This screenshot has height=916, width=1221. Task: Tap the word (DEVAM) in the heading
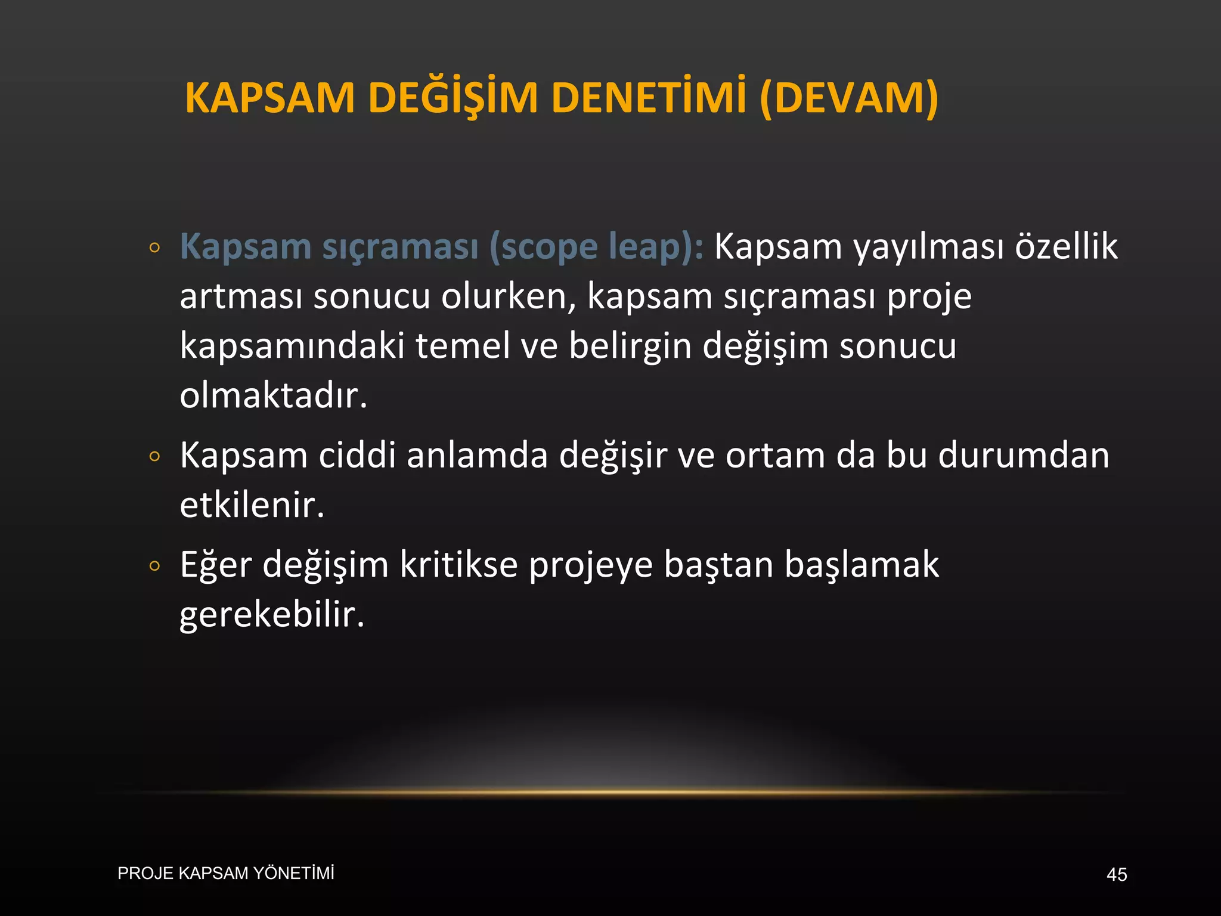coord(849,98)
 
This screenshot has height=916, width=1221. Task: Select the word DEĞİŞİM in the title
coord(453,98)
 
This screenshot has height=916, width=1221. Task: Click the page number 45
coord(1116,874)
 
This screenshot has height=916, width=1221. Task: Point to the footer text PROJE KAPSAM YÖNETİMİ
coord(226,873)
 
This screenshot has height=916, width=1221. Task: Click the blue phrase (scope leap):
coord(596,246)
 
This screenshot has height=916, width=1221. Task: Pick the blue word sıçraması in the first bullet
coord(401,246)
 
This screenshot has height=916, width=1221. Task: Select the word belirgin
coord(630,346)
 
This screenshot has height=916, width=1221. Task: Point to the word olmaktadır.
coord(273,395)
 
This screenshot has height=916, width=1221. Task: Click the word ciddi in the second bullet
coord(357,456)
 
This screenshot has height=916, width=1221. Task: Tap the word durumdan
coord(1023,456)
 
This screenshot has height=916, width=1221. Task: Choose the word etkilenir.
coord(252,505)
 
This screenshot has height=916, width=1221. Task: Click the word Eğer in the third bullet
coord(215,565)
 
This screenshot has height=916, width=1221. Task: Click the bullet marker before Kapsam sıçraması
coord(155,247)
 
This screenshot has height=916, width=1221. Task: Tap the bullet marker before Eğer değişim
coord(155,566)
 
